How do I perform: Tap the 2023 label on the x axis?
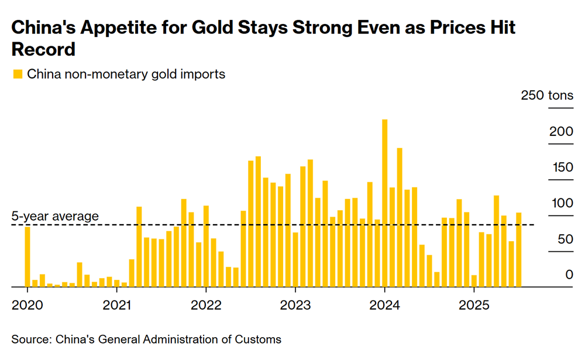[295, 305]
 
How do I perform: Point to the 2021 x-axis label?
[117, 305]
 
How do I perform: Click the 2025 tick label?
[474, 305]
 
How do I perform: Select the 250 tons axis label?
[547, 96]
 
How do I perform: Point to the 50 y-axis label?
[565, 239]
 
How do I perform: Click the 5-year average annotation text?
[55, 217]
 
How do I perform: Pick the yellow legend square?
[17, 74]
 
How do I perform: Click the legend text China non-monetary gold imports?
[126, 74]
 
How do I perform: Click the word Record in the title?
[43, 49]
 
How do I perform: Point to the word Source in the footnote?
[30, 340]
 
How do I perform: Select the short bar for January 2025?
[474, 281]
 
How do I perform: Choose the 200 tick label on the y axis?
[562, 132]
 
